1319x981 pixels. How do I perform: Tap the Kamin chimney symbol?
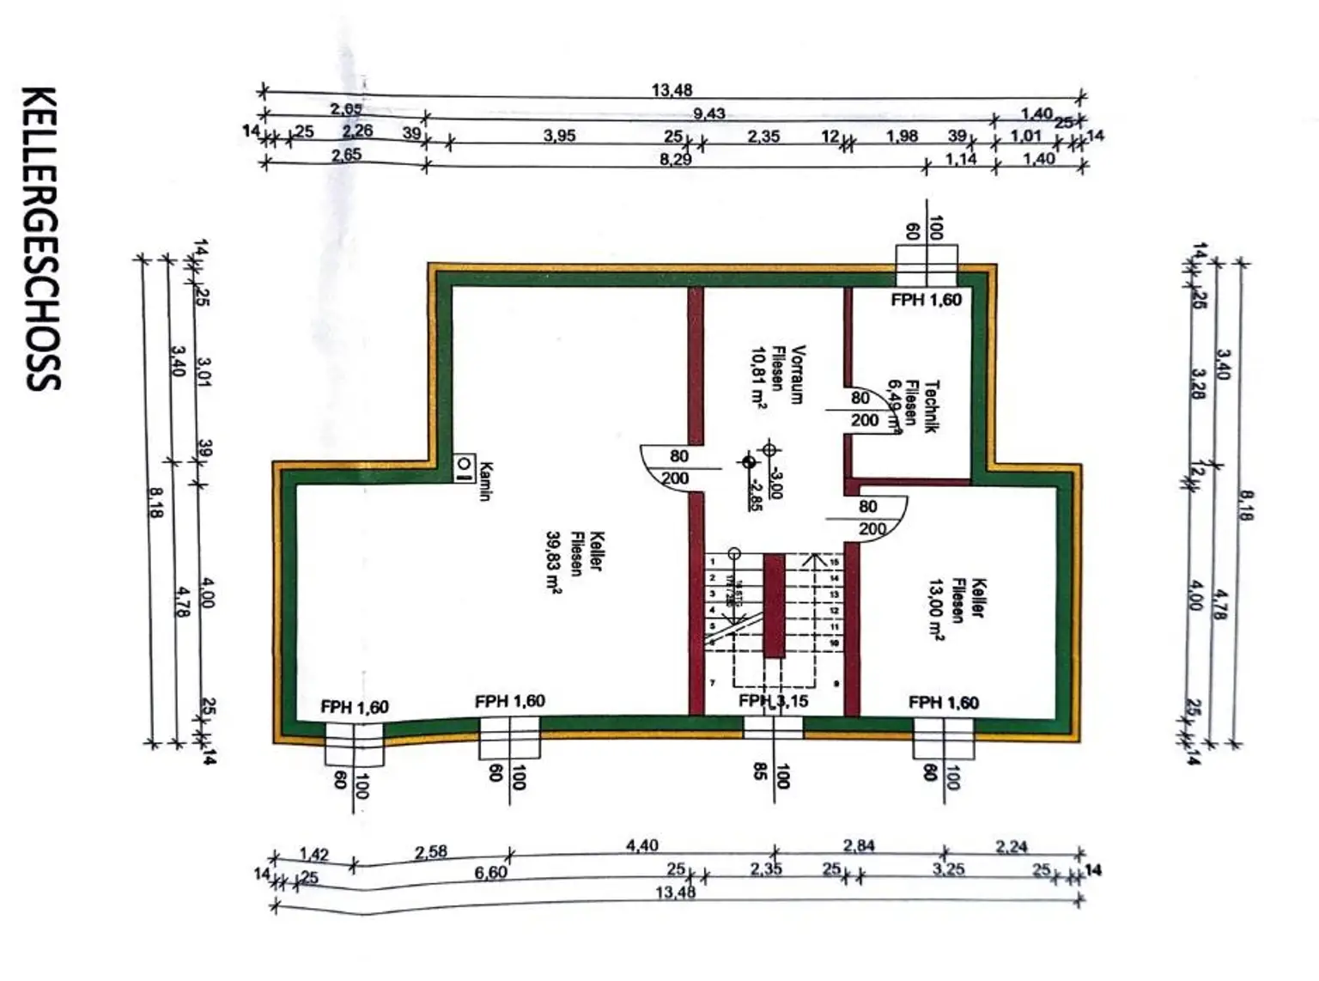tap(464, 466)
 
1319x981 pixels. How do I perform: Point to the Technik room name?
tap(933, 406)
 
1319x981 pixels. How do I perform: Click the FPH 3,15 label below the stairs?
tap(773, 701)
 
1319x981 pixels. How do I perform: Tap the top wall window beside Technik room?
tap(926, 266)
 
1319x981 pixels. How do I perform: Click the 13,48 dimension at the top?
tap(672, 90)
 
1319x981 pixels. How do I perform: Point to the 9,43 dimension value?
tap(709, 113)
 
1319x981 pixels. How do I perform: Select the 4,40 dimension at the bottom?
tap(642, 846)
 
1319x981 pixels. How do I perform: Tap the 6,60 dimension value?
tap(490, 873)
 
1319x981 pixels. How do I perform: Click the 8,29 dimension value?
tap(676, 160)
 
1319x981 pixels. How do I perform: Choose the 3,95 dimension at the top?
tap(559, 136)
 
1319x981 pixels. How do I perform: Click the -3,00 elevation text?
tap(775, 484)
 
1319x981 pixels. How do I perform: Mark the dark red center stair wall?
tap(774, 606)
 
